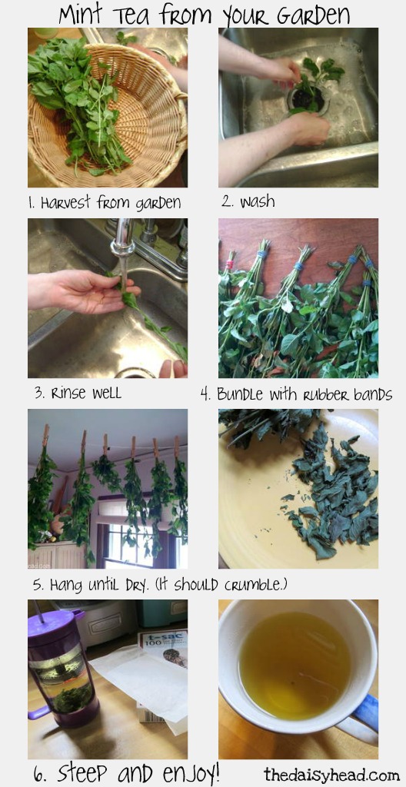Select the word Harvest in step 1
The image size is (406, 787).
(x=67, y=202)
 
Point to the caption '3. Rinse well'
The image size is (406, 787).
(x=78, y=393)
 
